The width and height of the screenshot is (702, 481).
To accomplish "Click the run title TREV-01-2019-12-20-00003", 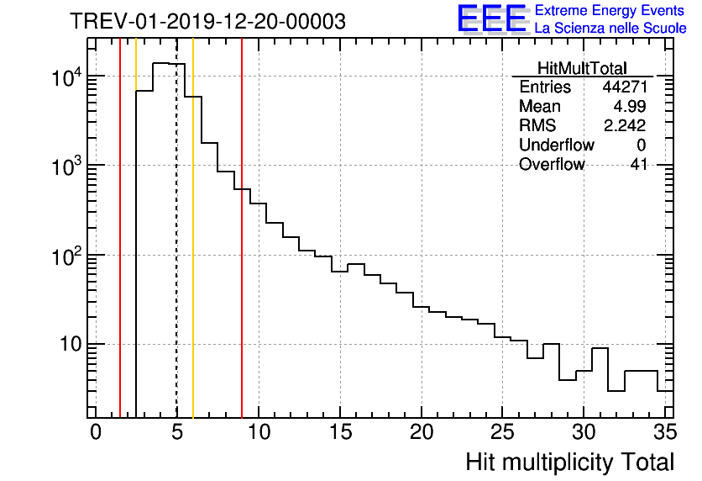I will click(x=207, y=22).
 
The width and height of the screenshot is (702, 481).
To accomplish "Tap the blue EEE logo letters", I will click(x=492, y=18).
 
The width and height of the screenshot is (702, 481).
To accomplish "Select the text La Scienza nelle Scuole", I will click(x=610, y=29).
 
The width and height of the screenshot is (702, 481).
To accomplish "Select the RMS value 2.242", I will click(x=625, y=126).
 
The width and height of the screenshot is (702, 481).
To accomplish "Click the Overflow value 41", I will click(x=638, y=165).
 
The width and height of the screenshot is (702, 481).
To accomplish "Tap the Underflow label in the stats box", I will click(x=557, y=145).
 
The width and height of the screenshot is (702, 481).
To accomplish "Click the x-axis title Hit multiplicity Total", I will click(x=569, y=462).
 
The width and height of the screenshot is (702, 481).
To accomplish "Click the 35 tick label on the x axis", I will click(x=665, y=431).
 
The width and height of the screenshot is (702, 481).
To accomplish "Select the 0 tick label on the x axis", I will click(x=96, y=431).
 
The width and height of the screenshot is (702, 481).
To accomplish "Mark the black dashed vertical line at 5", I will click(x=176, y=252).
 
